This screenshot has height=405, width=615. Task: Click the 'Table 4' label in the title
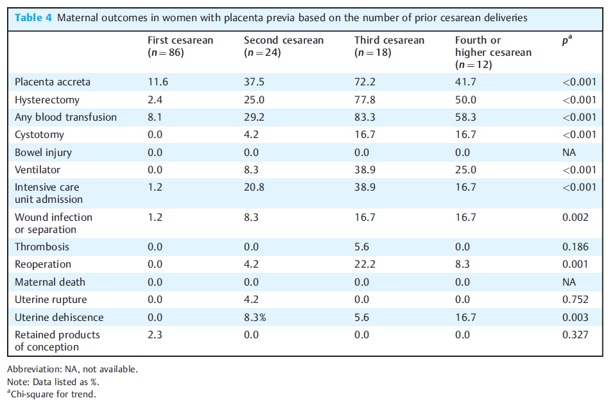pos(33,17)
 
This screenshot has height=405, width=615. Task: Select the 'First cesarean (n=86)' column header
pos(180,46)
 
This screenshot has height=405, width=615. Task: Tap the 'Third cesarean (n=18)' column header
pos(390,46)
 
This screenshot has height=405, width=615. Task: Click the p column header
pos(567,40)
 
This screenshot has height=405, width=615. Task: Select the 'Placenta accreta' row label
pos(53,82)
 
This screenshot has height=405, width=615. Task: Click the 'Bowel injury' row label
pos(43,153)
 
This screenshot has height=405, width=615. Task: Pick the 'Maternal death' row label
pos(50,282)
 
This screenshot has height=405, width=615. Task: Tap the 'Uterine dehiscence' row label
pos(59,317)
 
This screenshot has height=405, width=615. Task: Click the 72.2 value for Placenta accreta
pos(365,82)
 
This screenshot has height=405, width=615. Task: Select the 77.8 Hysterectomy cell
pos(365,100)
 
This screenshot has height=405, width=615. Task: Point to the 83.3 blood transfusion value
pos(365,117)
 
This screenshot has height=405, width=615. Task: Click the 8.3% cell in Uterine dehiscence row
pos(255,317)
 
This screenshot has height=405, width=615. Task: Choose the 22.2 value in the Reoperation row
pos(365,264)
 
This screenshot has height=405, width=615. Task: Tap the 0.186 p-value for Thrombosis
pos(575,246)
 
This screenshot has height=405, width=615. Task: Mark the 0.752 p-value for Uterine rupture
pos(575,300)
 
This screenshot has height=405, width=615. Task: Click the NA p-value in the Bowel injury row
pos(569,153)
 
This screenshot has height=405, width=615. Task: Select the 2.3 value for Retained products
pos(155,335)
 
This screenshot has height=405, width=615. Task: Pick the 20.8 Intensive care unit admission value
pos(254,187)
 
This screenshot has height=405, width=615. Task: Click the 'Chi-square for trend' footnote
pos(52,394)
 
